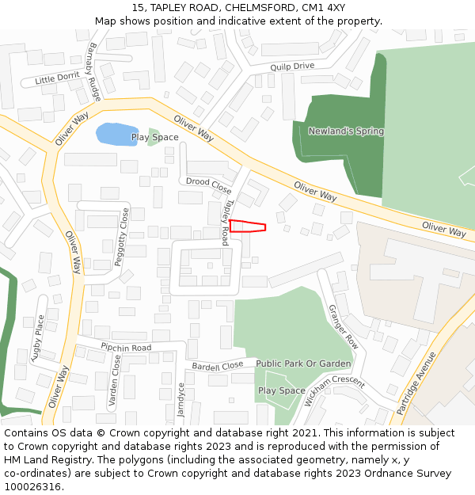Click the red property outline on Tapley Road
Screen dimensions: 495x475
tap(247, 227)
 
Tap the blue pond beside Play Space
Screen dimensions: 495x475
tap(116, 133)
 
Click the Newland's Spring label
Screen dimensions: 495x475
tap(346, 131)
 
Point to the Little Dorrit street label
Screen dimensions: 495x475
tap(57, 78)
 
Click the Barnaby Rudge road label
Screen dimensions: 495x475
tap(94, 72)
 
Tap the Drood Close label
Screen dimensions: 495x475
tap(208, 186)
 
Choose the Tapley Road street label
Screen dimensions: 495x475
tap(226, 222)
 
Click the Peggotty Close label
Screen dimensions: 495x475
tap(123, 236)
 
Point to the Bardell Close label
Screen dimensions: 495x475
tap(218, 366)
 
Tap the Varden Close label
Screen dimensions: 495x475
tap(116, 380)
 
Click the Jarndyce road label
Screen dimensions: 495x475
tap(181, 400)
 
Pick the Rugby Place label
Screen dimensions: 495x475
tap(37, 339)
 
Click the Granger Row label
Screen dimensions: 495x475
tap(343, 327)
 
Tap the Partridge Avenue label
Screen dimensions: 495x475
tap(417, 383)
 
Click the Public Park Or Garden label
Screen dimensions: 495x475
tap(303, 364)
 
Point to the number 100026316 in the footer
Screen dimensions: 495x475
tap(32, 486)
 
